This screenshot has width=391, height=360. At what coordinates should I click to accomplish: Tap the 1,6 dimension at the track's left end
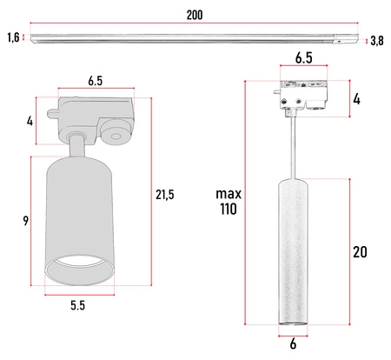12,37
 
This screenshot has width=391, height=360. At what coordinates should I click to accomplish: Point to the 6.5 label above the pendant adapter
303,58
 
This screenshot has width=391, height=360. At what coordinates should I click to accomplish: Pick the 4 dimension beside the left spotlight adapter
30,121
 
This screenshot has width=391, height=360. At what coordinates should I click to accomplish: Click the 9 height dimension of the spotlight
27,222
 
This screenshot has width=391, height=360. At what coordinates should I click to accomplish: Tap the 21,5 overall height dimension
165,195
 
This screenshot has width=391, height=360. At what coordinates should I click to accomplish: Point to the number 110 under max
229,210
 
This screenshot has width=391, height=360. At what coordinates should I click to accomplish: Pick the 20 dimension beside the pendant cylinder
360,253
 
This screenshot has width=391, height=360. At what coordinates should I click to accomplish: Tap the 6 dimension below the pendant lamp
293,343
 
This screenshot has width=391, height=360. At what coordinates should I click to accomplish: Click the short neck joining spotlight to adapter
78,145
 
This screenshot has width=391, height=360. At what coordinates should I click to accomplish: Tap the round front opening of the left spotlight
78,270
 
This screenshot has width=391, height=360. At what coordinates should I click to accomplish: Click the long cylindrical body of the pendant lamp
293,252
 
